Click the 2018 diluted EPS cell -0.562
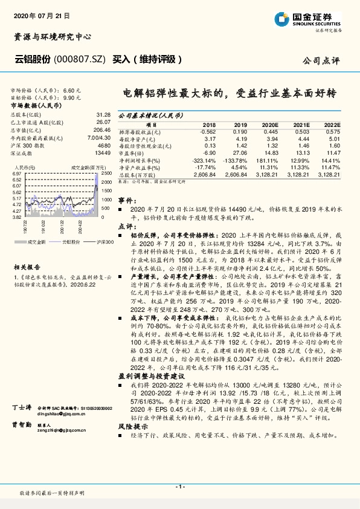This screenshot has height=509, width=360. coord(207,131)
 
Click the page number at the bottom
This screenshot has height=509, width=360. coord(179,486)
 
